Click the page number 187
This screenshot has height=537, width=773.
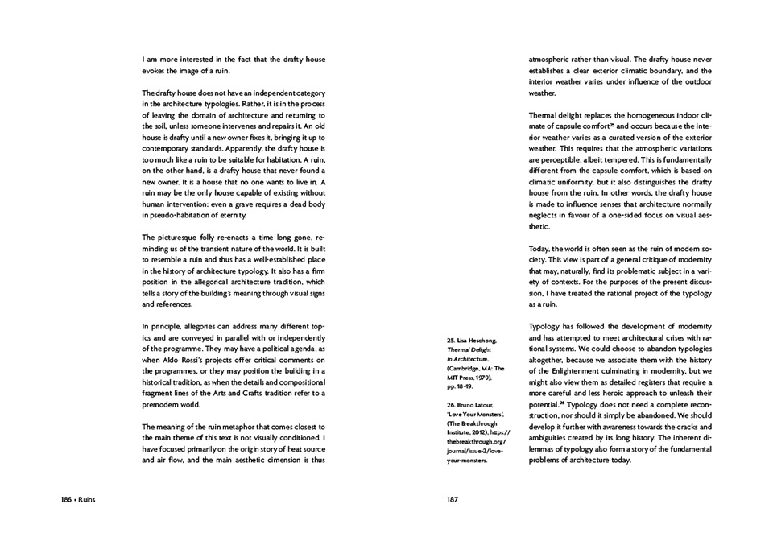[453, 499]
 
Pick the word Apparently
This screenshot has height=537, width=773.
[224, 150]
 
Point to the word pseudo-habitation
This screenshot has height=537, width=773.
[179, 216]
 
